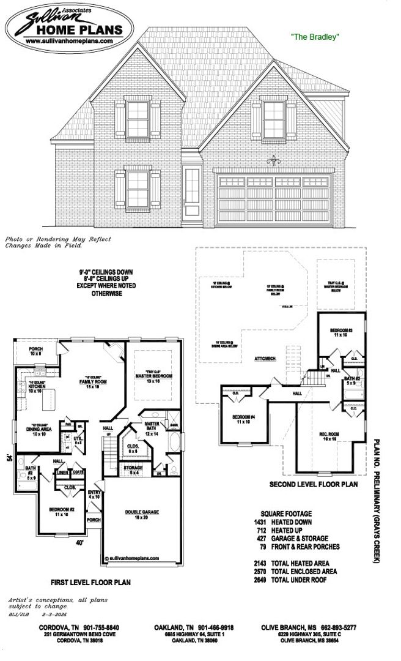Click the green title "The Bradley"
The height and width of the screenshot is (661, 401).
tap(314, 37)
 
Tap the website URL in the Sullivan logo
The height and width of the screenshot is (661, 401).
tap(68, 40)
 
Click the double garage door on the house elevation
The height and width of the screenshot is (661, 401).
tap(274, 198)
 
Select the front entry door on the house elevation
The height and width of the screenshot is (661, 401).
tap(191, 192)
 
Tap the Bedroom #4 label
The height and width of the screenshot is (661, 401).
tap(242, 420)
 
